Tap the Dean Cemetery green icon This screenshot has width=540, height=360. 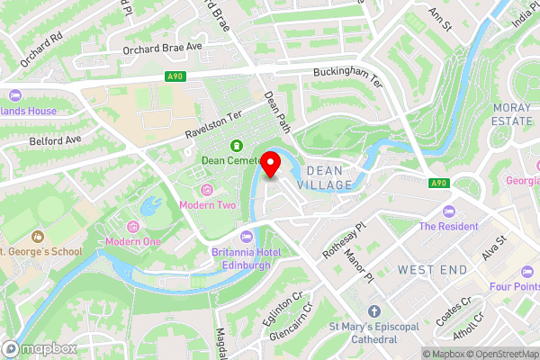point(237,145)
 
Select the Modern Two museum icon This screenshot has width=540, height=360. point(208,189)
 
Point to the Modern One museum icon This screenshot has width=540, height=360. point(134,225)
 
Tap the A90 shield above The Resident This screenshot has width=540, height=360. point(437,184)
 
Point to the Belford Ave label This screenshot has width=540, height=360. point(56,140)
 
